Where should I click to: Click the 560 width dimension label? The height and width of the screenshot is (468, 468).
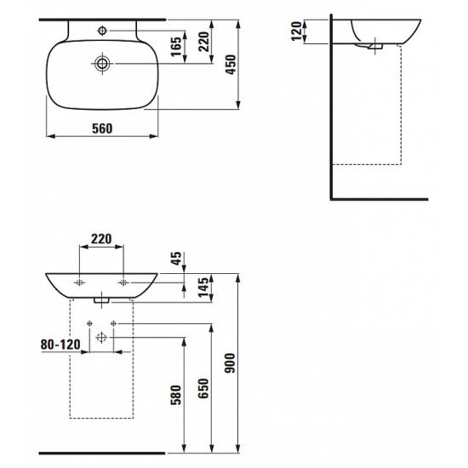click(102, 128)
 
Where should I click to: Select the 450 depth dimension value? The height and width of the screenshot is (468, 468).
click(231, 65)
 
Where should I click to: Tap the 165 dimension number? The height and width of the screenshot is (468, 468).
click(176, 46)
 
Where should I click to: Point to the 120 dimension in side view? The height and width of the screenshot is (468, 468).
click(297, 31)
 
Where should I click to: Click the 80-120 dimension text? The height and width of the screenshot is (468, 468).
click(60, 345)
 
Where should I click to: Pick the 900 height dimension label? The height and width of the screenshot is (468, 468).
click(230, 363)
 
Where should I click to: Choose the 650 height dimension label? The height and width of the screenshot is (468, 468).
click(203, 388)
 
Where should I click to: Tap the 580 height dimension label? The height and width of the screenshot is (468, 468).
click(176, 395)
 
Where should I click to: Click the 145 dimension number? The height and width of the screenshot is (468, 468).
click(203, 288)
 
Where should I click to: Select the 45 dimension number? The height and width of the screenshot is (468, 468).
click(176, 259)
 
